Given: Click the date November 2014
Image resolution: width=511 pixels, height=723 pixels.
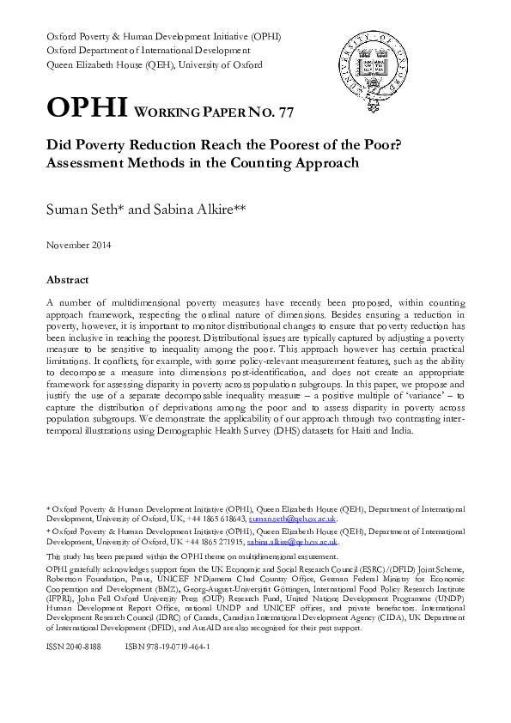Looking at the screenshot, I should tap(78, 245).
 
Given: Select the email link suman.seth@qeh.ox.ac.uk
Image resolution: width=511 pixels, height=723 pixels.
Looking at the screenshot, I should tap(292, 519).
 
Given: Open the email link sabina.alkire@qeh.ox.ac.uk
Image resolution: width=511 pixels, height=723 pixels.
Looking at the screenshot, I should tap(292, 543).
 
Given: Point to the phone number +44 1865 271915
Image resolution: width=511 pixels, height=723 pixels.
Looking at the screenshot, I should tap(216, 543).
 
